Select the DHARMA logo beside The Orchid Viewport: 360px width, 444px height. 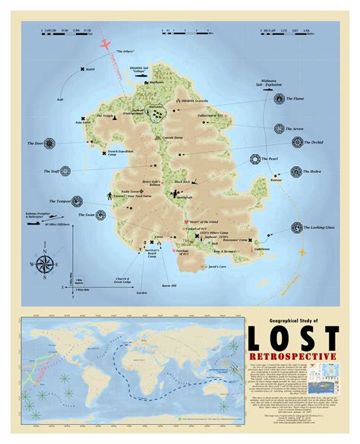276,142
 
